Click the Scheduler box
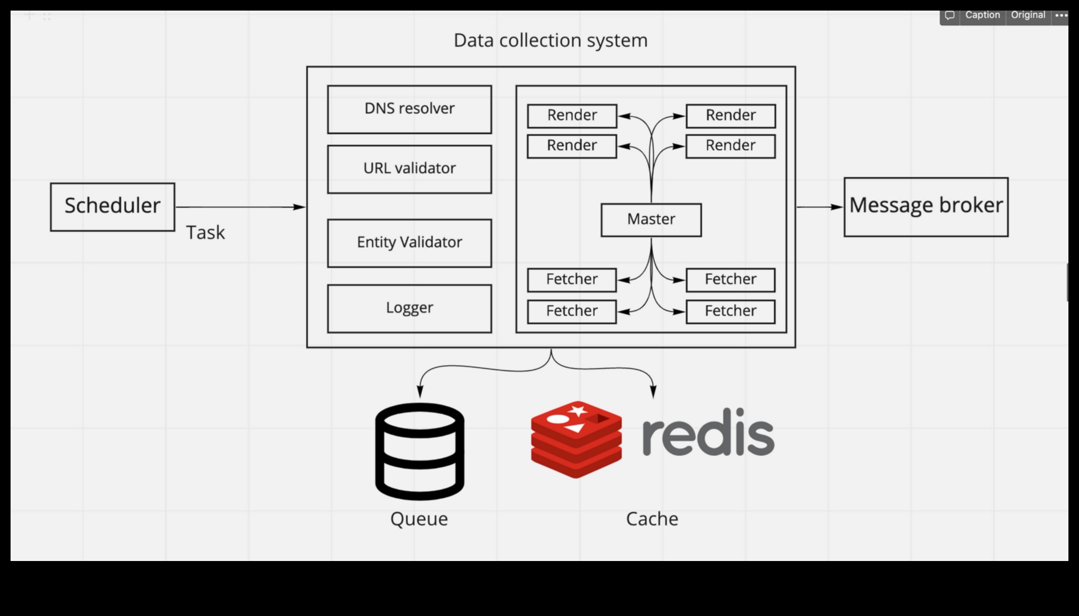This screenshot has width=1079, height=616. [x=112, y=207]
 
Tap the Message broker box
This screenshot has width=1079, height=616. [x=926, y=207]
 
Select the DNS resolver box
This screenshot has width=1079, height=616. [x=409, y=109]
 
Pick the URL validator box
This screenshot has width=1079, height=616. [x=409, y=169]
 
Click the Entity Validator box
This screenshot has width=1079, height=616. [x=409, y=243]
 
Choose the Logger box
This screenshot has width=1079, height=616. [x=409, y=308]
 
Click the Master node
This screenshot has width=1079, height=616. [x=651, y=219]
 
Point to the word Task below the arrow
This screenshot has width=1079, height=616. [x=205, y=233]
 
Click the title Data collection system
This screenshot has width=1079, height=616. [x=550, y=40]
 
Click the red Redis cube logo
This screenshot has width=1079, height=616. [x=576, y=439]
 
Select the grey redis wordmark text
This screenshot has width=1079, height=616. [x=708, y=433]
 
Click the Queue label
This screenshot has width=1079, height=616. [x=419, y=519]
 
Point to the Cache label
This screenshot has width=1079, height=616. [x=652, y=519]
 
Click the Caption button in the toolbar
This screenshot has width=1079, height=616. [x=982, y=15]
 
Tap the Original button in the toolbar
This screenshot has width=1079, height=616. [x=1028, y=15]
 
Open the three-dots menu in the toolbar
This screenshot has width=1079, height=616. [x=1061, y=15]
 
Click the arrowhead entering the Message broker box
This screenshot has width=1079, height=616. [x=837, y=207]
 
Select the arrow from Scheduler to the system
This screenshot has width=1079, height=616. [x=240, y=207]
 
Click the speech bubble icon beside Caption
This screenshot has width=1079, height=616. [x=950, y=15]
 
